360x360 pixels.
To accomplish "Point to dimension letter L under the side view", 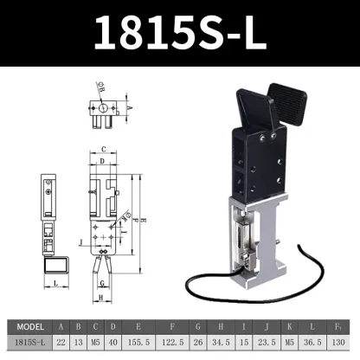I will point(55,282).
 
